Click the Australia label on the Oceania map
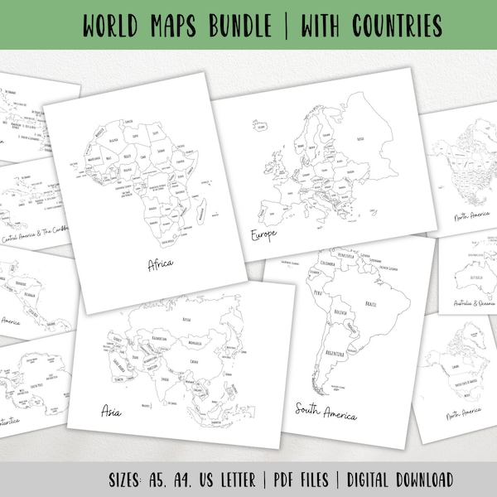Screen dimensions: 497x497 click(x=471, y=270)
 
